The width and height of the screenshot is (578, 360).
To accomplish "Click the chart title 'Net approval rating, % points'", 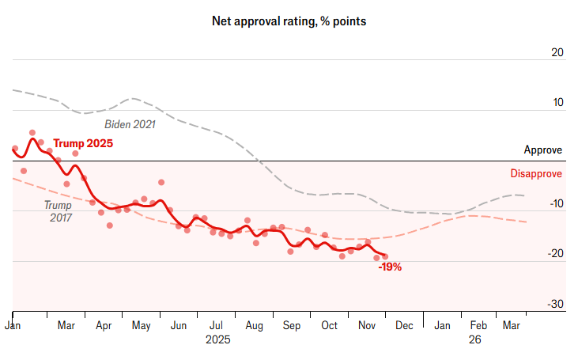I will (289, 21).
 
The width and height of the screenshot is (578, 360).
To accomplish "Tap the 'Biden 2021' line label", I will (130, 124).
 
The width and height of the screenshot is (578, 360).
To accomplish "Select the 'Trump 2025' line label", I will (83, 144).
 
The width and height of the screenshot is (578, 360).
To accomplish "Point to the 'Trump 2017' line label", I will (57, 210).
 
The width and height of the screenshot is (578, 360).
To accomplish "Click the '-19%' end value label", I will (390, 267).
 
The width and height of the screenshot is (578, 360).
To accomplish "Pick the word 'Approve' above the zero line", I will (543, 150).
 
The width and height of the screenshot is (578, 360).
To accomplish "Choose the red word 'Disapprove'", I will (535, 174).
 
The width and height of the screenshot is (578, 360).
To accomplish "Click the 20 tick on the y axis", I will (557, 53).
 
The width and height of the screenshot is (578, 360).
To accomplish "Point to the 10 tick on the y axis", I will (557, 103).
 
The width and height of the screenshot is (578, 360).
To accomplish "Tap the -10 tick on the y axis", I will (555, 204).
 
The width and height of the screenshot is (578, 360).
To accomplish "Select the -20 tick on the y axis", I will (555, 254).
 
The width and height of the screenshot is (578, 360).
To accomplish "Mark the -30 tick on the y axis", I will (555, 304).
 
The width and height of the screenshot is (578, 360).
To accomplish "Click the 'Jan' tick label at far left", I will (13, 325).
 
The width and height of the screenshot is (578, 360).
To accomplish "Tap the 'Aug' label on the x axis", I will (254, 325).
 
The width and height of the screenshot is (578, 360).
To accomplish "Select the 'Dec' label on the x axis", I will (404, 325).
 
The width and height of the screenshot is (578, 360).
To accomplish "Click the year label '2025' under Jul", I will (218, 339).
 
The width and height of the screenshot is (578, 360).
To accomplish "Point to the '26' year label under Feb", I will (474, 339).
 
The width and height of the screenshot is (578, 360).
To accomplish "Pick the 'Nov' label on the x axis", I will (366, 325).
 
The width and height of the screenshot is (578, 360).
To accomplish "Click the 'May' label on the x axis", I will (141, 325).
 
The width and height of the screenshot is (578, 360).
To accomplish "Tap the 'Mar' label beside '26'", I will (512, 325).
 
